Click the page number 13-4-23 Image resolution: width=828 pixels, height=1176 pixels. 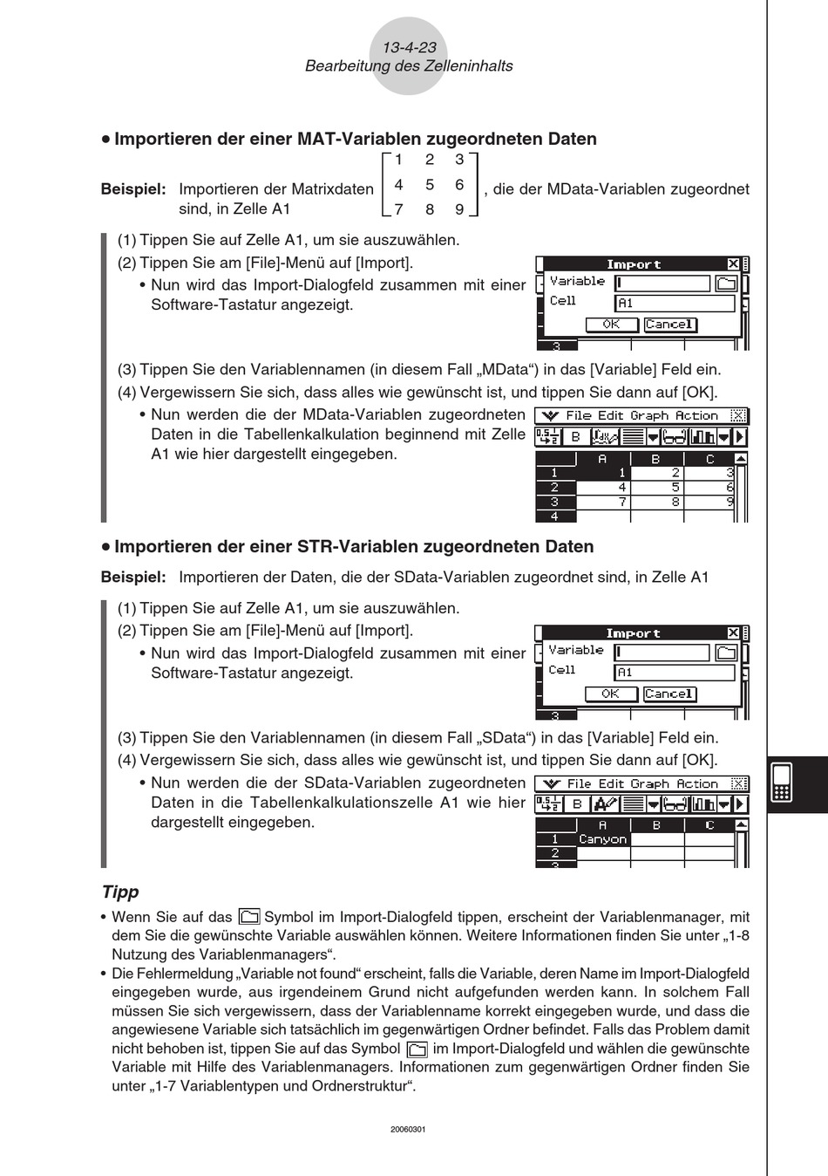pyautogui.click(x=409, y=48)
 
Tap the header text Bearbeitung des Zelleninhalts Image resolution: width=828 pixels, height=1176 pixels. pyautogui.click(x=409, y=66)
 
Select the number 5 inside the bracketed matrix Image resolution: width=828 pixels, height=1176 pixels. pyautogui.click(x=430, y=185)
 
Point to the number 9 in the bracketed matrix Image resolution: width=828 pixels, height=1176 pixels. pyautogui.click(x=459, y=209)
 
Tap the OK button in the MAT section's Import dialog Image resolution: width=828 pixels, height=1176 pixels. pyautogui.click(x=611, y=325)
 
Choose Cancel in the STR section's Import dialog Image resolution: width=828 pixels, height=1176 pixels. pyautogui.click(x=669, y=694)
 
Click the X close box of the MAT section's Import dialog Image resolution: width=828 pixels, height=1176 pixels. pyautogui.click(x=733, y=264)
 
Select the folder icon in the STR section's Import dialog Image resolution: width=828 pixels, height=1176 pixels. pyautogui.click(x=726, y=653)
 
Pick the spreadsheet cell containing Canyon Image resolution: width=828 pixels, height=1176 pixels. pyautogui.click(x=602, y=839)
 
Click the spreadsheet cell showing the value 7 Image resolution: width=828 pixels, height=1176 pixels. pyautogui.click(x=603, y=503)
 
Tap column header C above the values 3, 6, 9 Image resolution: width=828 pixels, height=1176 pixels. pyautogui.click(x=709, y=459)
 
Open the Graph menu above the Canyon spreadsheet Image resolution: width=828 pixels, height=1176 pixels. pyautogui.click(x=650, y=784)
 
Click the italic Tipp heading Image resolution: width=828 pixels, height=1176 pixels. pyautogui.click(x=120, y=892)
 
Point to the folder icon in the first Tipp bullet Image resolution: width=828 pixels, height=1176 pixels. pyautogui.click(x=248, y=917)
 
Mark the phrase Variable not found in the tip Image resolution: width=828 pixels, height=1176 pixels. pyautogui.click(x=299, y=974)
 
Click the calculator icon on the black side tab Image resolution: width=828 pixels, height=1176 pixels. pyautogui.click(x=781, y=783)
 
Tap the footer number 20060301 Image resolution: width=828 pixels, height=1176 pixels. pyautogui.click(x=408, y=1129)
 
